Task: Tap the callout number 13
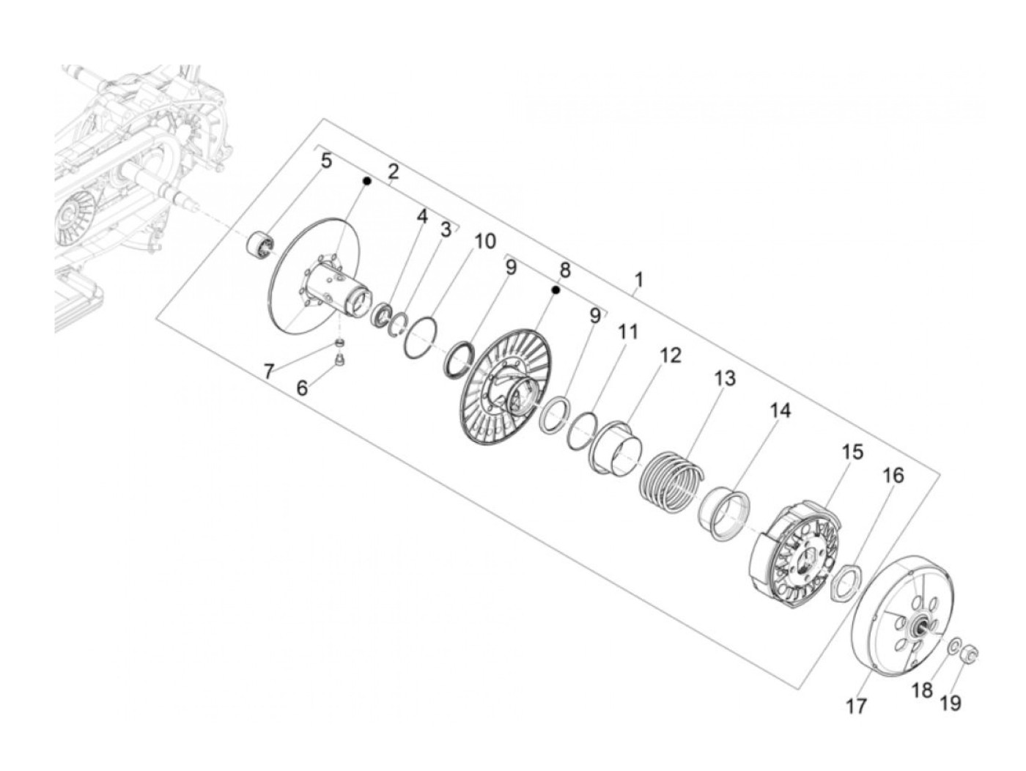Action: pos(723,379)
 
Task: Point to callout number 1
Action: pos(639,280)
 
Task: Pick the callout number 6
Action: pos(302,387)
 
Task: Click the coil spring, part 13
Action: pos(671,480)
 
